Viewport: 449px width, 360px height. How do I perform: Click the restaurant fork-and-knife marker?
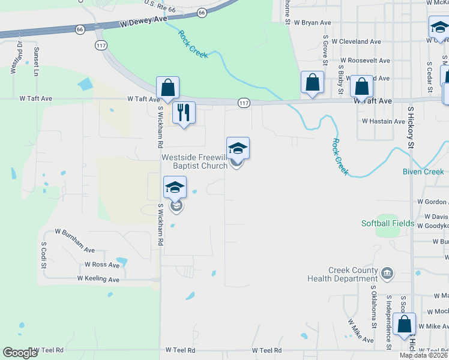[184, 112]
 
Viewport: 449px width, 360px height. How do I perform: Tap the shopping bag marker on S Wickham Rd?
[168, 88]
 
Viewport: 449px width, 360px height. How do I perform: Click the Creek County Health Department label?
[342, 275]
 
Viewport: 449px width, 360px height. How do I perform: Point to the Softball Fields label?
[387, 224]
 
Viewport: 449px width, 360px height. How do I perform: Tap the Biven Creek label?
[423, 172]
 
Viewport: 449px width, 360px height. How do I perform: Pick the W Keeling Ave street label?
[98, 279]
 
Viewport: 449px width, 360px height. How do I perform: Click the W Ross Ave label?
[103, 265]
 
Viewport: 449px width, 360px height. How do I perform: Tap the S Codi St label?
[44, 256]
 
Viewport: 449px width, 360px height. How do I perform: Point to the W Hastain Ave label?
[384, 121]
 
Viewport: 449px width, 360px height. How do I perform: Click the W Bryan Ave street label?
[312, 23]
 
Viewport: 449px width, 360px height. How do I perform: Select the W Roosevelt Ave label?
[365, 61]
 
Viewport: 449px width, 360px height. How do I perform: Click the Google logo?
[19, 353]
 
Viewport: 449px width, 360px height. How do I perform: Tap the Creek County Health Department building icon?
[388, 274]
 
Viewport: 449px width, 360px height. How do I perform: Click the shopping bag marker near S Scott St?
[405, 324]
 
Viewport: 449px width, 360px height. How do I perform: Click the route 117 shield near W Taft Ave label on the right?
[243, 103]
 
